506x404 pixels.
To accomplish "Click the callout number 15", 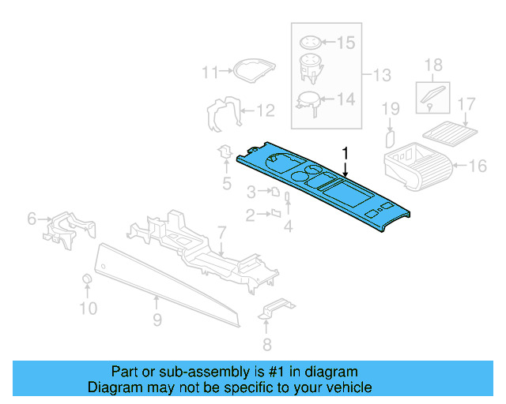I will point(347,43).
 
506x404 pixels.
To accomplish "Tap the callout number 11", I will point(210,73).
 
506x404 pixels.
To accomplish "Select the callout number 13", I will point(382,76).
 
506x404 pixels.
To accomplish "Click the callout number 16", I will point(478,166).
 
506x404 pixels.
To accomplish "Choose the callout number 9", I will point(157,320).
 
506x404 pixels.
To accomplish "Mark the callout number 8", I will point(266,343).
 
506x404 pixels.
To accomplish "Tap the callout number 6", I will point(32,218).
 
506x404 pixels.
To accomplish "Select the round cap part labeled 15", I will point(309,43).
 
